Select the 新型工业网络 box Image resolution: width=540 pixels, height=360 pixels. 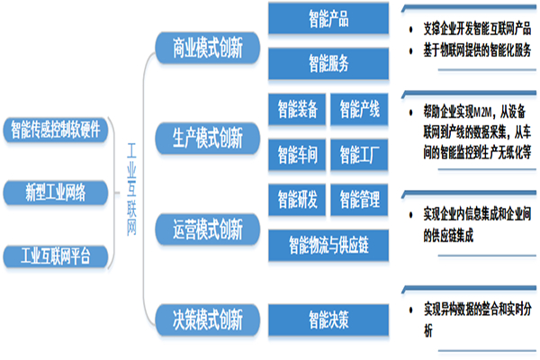[56, 191]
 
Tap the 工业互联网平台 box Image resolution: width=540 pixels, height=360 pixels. [56, 256]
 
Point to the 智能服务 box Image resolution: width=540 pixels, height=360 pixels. [328, 63]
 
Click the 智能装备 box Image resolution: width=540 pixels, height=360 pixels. [298, 110]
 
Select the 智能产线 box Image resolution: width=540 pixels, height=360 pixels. [359, 110]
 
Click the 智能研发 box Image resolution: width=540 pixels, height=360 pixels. [298, 197]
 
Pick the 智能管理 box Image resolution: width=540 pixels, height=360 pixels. [359, 197]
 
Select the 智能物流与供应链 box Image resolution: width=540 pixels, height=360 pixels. [328, 241]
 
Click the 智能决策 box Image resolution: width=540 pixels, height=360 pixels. [328, 316]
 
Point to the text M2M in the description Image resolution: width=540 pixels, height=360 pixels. [484, 112]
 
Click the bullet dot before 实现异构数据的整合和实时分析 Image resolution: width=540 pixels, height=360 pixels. [409, 309]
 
